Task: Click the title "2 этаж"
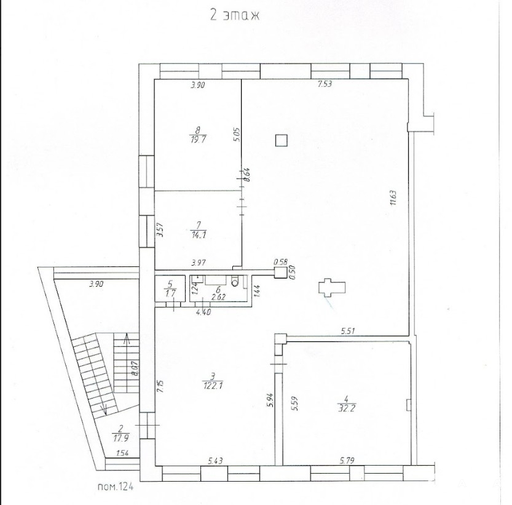[x=235, y=15]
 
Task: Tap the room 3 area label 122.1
[x=213, y=386]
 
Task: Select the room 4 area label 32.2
[x=346, y=408]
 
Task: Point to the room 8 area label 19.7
[x=197, y=140]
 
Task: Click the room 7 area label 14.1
[x=199, y=235]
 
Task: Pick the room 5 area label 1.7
[x=170, y=293]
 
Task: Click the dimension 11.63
[x=393, y=197]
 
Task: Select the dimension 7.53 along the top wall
[x=325, y=84]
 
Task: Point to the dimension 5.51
[x=348, y=331]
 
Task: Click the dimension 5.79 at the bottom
[x=347, y=461]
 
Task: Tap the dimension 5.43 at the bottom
[x=216, y=461]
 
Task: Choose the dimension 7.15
[x=160, y=386]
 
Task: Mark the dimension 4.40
[x=203, y=312]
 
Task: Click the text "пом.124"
[x=116, y=487]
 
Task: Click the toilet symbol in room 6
[x=235, y=282]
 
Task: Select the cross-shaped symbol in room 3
[x=332, y=288]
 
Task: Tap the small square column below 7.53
[x=281, y=140]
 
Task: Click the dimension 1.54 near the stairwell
[x=122, y=453]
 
